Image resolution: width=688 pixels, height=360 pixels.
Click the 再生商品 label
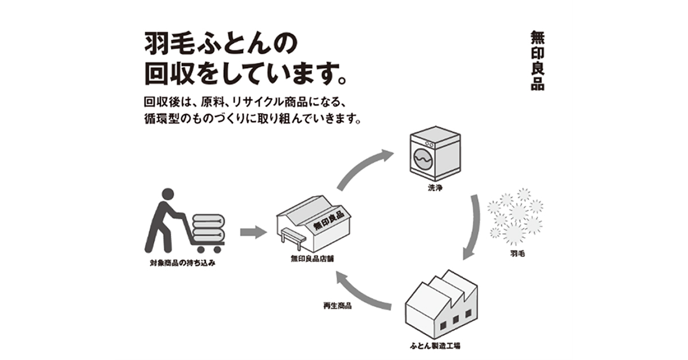(338, 306)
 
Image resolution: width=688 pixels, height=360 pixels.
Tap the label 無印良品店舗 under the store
(313, 259)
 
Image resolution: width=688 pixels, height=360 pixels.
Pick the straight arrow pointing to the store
(253, 232)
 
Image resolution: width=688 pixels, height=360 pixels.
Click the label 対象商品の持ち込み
(182, 265)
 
